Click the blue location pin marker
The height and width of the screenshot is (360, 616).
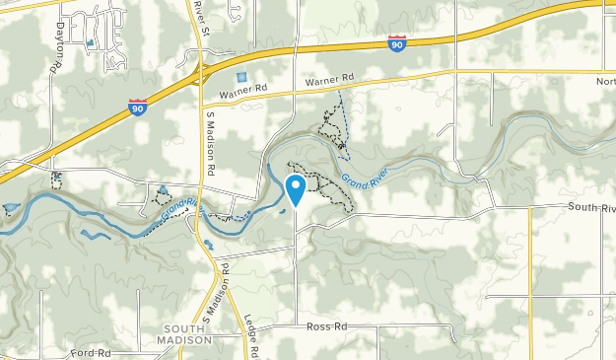click(295, 188)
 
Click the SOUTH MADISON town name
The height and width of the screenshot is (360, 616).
click(184, 333)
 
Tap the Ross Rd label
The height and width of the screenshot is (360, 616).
click(327, 326)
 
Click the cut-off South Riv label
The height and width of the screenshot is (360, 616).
click(590, 207)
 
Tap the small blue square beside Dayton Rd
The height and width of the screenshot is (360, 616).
click(91, 43)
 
